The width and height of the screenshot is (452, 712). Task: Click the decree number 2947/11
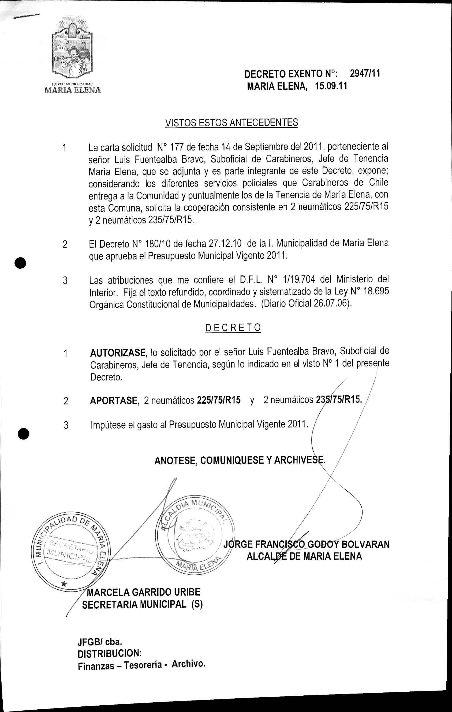point(365,73)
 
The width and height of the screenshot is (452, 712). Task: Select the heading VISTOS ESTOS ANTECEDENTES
point(231,122)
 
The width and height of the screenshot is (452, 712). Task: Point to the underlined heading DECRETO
point(233,328)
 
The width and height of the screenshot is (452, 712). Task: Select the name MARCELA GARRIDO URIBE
point(144,592)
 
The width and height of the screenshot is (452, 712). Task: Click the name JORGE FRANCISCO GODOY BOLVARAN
point(306,544)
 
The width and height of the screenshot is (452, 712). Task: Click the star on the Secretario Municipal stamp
point(64,584)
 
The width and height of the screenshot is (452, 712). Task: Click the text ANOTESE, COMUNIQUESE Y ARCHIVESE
point(240,460)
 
